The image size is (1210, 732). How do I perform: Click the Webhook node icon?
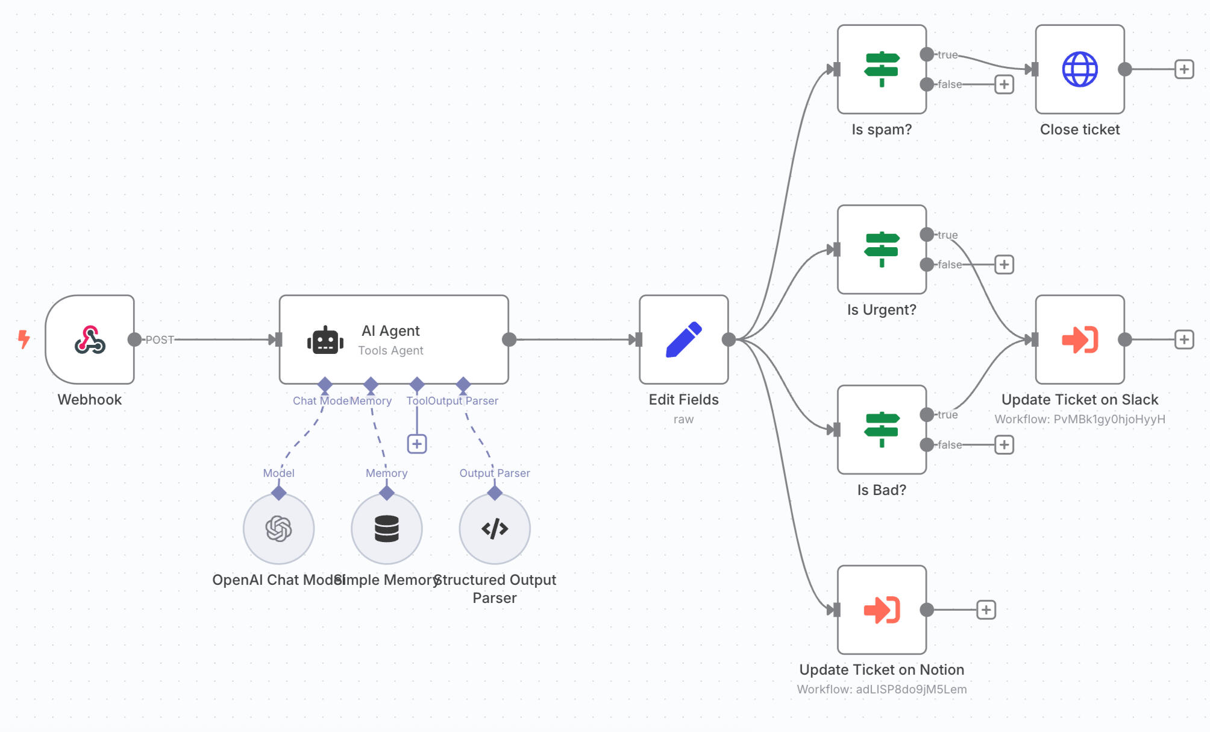tap(90, 339)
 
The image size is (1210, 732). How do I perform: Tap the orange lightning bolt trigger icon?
tap(24, 339)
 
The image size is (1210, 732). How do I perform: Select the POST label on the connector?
tap(160, 339)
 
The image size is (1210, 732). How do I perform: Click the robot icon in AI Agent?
tap(325, 341)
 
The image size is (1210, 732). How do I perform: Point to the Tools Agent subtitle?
tap(390, 350)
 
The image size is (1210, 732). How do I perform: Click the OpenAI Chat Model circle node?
tap(278, 529)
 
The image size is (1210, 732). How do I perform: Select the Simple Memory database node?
tap(387, 529)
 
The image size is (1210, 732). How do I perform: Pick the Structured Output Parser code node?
tap(495, 529)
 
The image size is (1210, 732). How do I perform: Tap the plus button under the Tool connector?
tap(417, 444)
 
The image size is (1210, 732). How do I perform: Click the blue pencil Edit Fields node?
tap(684, 339)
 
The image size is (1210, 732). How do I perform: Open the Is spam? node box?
tap(882, 69)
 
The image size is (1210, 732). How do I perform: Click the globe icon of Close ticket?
tap(1080, 69)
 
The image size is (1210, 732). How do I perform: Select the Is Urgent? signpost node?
tap(882, 250)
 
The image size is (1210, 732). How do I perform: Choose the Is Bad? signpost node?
tap(882, 430)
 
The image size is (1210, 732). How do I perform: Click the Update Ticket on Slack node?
tap(1080, 339)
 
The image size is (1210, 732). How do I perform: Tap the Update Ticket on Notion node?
tap(882, 610)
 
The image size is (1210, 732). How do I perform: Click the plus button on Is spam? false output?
tap(1004, 84)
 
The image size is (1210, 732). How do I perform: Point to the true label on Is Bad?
tap(947, 415)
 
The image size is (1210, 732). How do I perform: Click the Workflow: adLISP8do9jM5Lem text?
tap(882, 689)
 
